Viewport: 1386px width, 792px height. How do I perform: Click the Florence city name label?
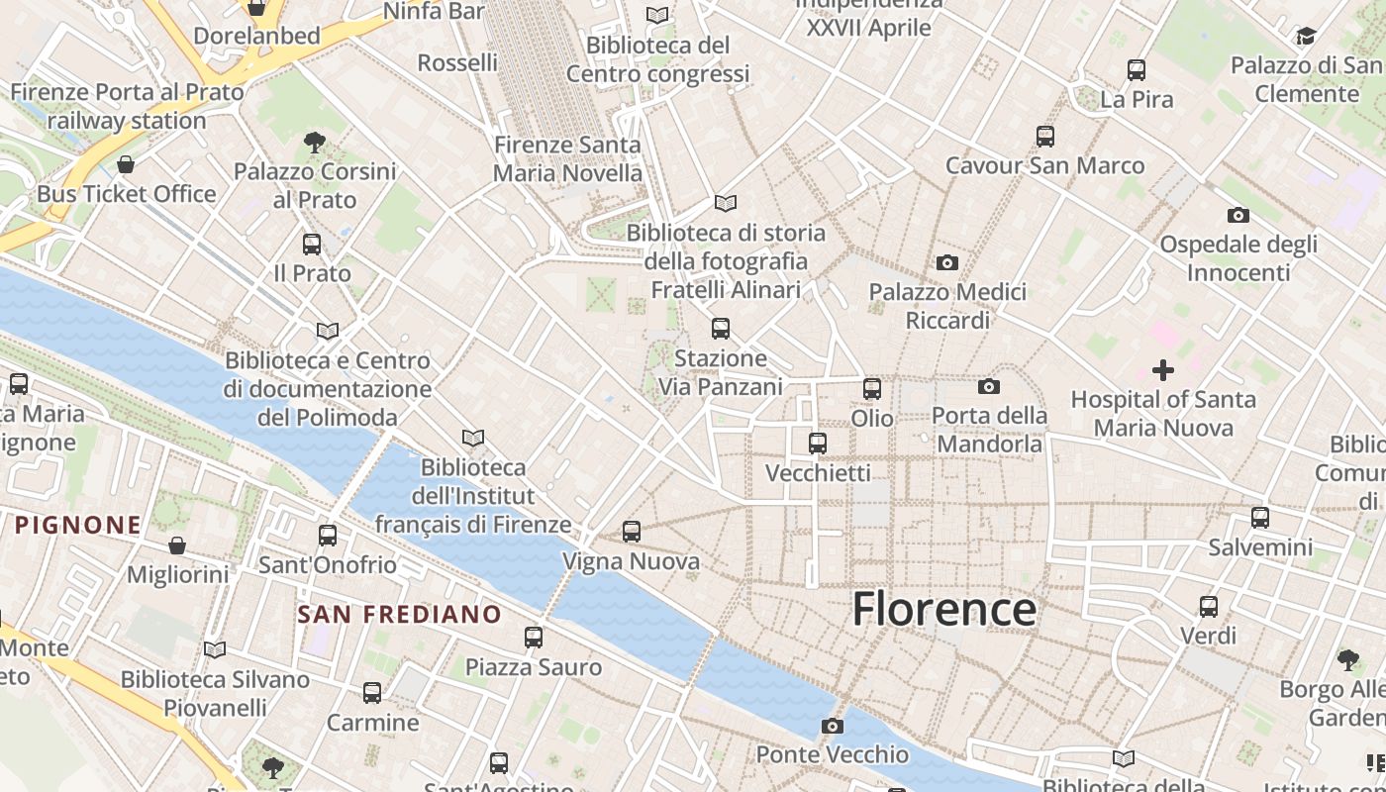(x=944, y=608)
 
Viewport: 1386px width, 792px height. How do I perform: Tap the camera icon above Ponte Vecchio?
(x=833, y=727)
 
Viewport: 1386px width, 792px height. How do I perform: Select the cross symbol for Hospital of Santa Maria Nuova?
(x=1163, y=371)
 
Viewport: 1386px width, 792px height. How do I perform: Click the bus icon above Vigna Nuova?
(x=632, y=532)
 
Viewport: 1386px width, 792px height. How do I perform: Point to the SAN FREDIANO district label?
(x=400, y=614)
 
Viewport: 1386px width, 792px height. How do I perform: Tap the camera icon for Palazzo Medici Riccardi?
(x=947, y=263)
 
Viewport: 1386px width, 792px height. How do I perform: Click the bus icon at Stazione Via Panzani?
(x=721, y=329)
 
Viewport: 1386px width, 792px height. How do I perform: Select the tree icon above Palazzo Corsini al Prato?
(x=315, y=143)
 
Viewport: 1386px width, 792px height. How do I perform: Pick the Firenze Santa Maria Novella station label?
(x=568, y=158)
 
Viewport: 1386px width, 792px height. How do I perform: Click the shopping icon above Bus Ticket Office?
(x=126, y=164)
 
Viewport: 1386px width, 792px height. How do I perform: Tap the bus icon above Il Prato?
(x=312, y=244)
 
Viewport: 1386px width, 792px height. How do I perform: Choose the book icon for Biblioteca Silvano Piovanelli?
(x=215, y=650)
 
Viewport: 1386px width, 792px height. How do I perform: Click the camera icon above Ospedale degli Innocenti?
(x=1238, y=216)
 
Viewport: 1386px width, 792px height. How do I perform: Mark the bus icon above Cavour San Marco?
(x=1045, y=137)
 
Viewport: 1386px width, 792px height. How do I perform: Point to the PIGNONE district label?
(x=78, y=525)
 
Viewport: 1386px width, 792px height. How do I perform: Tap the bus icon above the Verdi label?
(x=1209, y=607)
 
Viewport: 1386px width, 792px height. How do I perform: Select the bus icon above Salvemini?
(x=1260, y=518)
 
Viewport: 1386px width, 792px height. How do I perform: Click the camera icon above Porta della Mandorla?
(x=989, y=387)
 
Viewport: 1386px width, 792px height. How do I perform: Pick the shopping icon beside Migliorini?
(x=177, y=545)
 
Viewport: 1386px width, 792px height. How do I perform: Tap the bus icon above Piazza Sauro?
(x=534, y=638)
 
